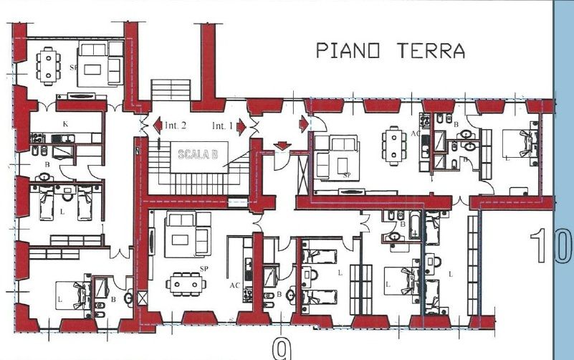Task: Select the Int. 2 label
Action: point(175,126)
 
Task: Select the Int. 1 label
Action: point(222,126)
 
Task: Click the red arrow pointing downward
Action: point(282,146)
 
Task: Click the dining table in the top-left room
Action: point(48,65)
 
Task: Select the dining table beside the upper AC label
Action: point(393,145)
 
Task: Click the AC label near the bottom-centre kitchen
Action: point(234,285)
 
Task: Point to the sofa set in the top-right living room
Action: point(337,156)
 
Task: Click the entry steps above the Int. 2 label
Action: point(171,91)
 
